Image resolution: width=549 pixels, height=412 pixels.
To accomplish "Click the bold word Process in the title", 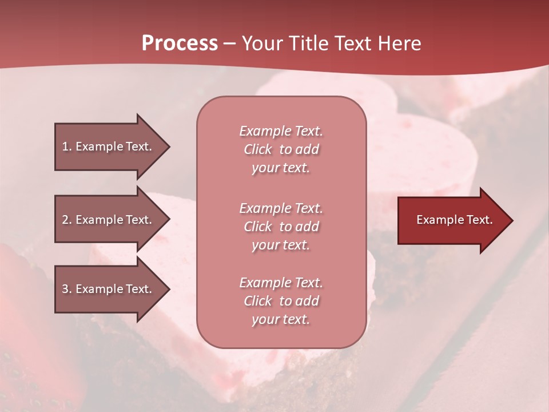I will point(180,43).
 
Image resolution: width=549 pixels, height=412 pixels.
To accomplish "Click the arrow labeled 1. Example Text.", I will point(109,146).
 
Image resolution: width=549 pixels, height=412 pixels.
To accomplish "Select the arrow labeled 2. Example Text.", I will point(109,220).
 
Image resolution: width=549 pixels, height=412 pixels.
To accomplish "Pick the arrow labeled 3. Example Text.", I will point(109,289).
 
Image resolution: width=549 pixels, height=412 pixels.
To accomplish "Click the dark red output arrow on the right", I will point(452,220).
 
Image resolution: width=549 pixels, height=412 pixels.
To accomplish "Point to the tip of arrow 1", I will point(168,146).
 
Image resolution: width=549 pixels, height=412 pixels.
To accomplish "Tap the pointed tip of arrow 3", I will point(168,289).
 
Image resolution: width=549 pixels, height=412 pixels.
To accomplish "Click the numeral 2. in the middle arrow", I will point(67,220).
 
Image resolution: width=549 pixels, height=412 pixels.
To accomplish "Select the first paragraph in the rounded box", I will point(281,149).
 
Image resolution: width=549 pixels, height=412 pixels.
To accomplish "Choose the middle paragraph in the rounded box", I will point(281,227).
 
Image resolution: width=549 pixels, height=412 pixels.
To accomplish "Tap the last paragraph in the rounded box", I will point(281,301).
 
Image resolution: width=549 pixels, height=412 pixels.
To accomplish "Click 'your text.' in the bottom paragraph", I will point(281,319).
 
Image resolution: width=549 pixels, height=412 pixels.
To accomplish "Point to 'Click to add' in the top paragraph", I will point(281,149).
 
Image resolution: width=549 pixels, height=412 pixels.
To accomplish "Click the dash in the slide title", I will point(229,44).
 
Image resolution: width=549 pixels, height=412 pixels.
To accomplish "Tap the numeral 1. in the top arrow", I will point(67,146).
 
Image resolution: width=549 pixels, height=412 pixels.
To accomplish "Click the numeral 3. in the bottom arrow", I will point(67,289).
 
